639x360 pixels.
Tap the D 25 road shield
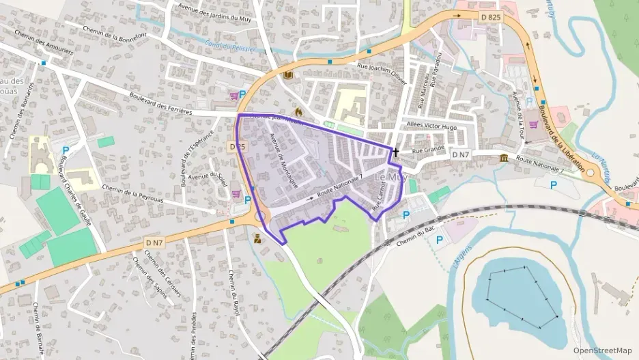[x=237, y=146]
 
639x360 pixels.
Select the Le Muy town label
[x=392, y=177]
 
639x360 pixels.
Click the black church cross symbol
[x=395, y=152]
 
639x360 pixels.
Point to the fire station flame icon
[x=298, y=111]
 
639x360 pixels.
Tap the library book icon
[x=287, y=74]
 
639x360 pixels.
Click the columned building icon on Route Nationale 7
[x=504, y=158]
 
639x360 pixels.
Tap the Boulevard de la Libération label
[x=561, y=137]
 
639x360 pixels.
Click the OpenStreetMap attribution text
[x=602, y=350]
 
